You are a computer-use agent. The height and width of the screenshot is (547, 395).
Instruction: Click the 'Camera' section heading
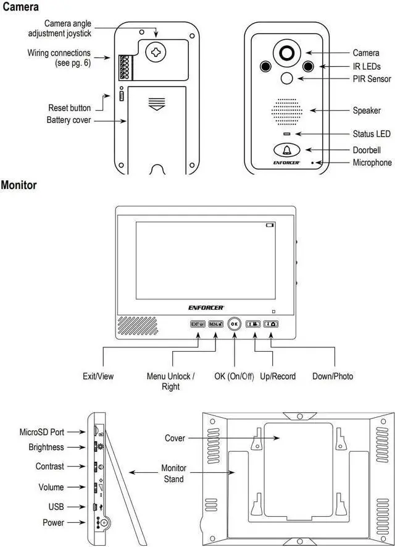[20, 7]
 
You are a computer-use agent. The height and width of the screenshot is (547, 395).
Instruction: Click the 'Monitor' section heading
[19, 184]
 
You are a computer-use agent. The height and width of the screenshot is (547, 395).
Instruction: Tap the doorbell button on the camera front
[286, 150]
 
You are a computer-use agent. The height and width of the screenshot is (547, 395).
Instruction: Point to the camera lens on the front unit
[286, 53]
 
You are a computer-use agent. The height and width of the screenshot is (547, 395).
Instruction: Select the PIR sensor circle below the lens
[286, 78]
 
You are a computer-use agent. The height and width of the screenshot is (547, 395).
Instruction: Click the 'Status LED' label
[372, 134]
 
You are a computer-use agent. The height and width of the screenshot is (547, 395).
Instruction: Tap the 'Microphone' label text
[372, 163]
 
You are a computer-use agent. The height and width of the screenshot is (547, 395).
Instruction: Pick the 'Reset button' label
[69, 108]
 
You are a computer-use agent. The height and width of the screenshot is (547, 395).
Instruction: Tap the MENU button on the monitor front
[215, 323]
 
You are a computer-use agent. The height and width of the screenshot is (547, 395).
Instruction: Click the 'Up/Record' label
[278, 376]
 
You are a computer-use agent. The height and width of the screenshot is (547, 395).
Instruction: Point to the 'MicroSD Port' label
[41, 431]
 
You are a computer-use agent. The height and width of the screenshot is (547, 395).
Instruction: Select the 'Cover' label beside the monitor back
[175, 438]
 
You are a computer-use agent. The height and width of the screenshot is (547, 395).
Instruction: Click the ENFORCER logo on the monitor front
[206, 307]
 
